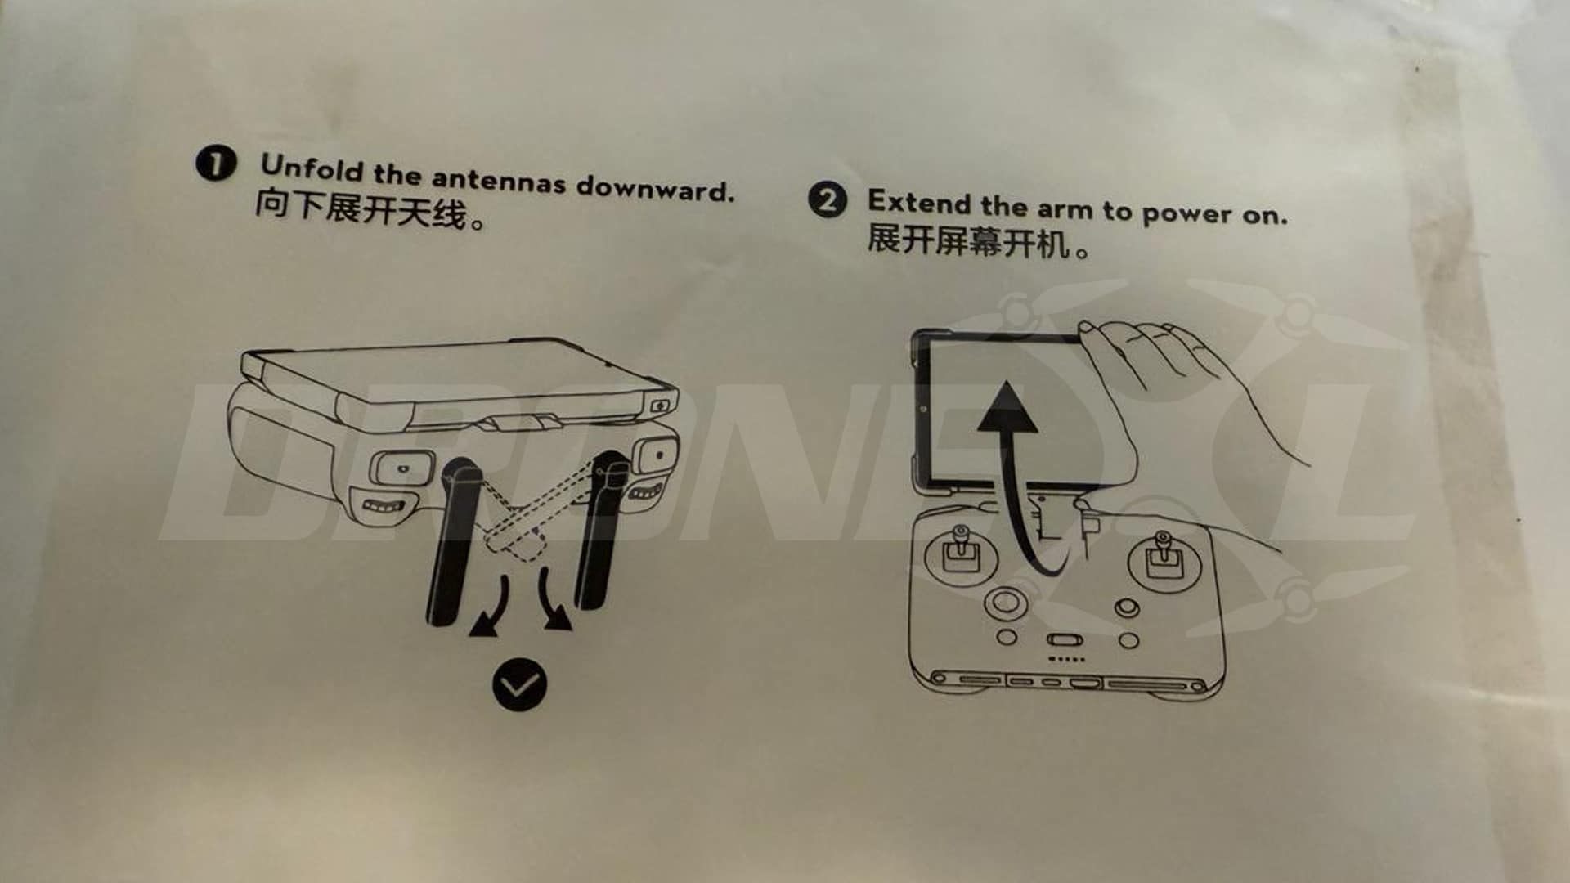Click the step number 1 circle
coord(216,164)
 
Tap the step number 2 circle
coord(828,199)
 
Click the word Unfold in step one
coord(311,168)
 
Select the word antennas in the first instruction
coord(498,180)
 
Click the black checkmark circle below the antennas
coord(519,684)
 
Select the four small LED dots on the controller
coord(1067,659)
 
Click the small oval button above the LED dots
coord(1065,639)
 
